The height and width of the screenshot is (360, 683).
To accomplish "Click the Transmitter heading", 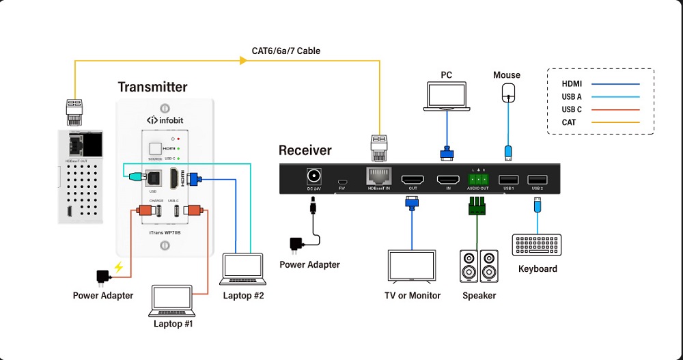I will tap(152, 87).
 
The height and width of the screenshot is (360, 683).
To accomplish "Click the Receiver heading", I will tap(305, 150).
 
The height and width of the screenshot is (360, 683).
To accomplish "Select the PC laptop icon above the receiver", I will tap(446, 96).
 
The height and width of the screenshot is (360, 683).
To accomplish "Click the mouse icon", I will tap(507, 92).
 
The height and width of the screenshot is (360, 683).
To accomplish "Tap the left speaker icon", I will tap(469, 267).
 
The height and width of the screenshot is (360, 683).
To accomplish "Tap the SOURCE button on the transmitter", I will tap(156, 148).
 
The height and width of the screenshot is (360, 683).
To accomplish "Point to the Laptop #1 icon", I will tap(173, 301).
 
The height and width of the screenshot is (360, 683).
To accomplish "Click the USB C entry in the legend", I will tap(572, 109).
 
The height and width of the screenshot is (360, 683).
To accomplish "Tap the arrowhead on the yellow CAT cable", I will tap(243, 61).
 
